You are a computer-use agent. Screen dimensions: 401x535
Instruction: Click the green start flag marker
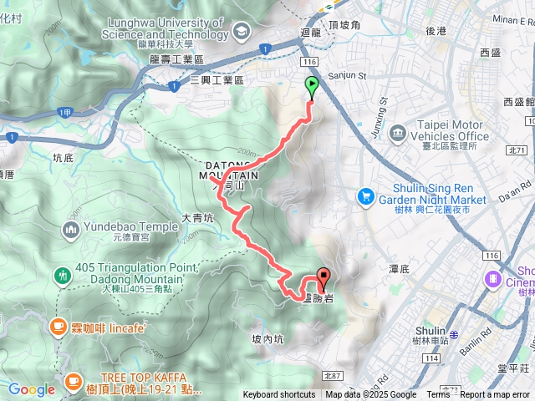[312, 84]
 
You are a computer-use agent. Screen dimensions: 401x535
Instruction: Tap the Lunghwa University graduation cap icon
[242, 32]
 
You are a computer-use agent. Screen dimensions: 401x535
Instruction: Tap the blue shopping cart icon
[365, 196]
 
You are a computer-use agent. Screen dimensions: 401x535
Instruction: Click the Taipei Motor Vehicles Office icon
[397, 132]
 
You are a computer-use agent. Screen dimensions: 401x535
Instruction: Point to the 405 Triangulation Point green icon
[63, 275]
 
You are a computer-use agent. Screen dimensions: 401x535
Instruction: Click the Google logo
[32, 389]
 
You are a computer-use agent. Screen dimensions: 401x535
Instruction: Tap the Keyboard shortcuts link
[279, 395]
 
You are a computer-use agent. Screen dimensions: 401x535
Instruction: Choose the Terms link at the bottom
[438, 395]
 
